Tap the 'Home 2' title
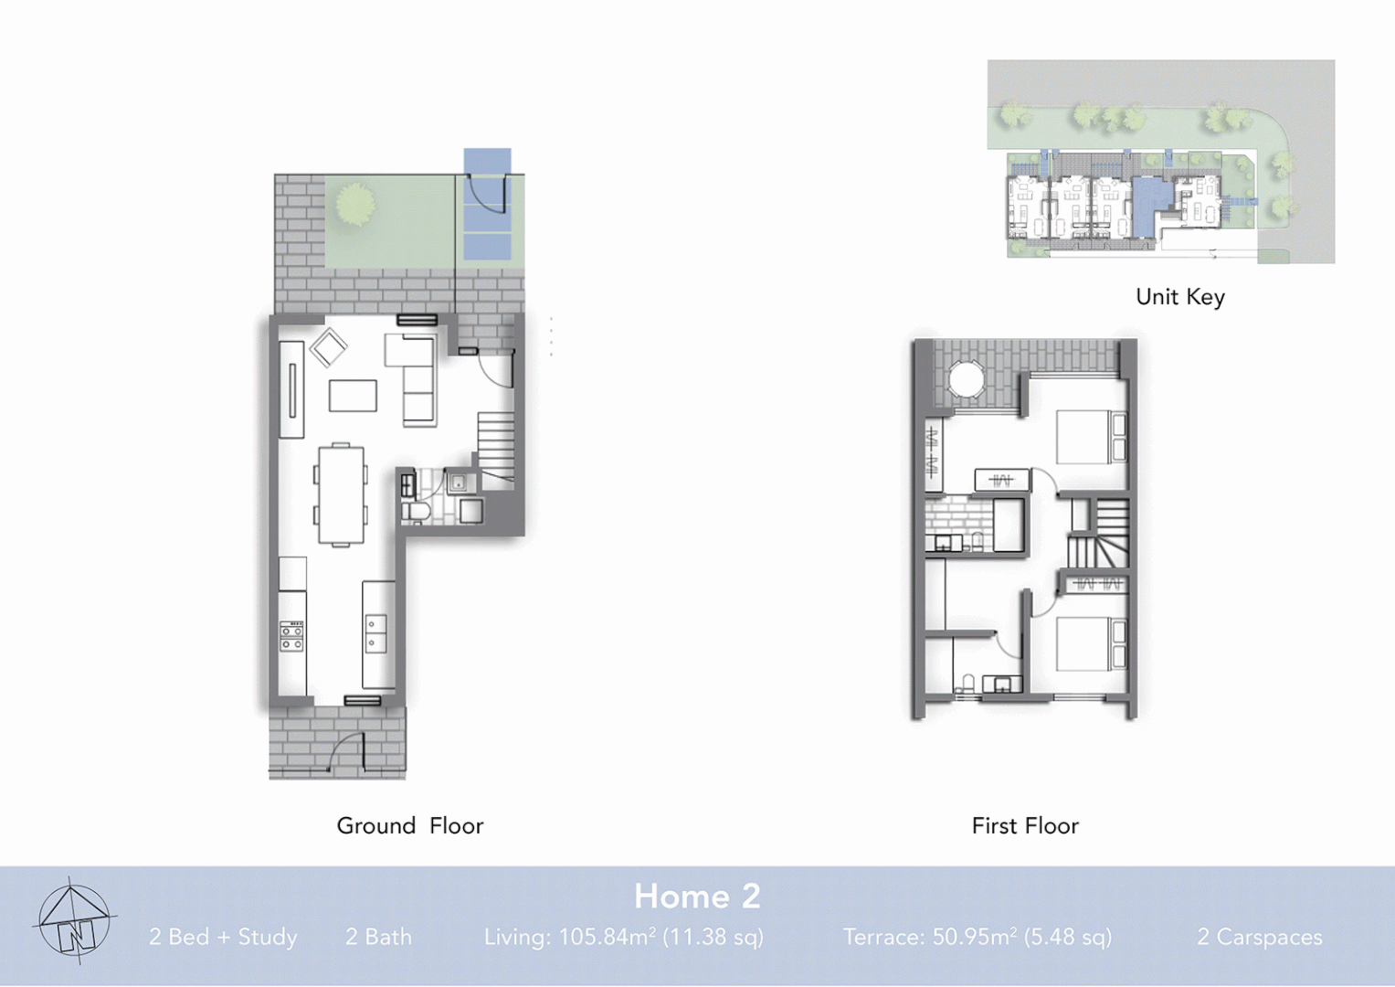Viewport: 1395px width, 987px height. point(697,897)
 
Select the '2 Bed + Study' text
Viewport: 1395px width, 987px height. point(223,937)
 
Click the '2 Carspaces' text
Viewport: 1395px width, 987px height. point(1259,937)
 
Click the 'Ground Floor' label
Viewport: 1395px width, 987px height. point(409,826)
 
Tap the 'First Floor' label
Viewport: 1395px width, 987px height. point(1024,826)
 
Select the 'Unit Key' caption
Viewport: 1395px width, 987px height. point(1179,297)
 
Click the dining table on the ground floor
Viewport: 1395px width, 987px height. point(341,494)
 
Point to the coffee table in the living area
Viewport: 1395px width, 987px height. point(353,396)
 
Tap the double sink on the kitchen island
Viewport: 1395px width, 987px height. point(375,633)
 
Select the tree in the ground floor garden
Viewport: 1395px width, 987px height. point(354,204)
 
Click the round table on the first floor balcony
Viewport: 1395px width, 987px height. point(966,378)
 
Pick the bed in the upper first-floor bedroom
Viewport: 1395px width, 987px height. point(1090,437)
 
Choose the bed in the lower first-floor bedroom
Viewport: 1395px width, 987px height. point(1090,644)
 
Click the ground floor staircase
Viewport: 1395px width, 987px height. point(496,448)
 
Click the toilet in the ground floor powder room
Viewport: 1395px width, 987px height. point(417,512)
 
